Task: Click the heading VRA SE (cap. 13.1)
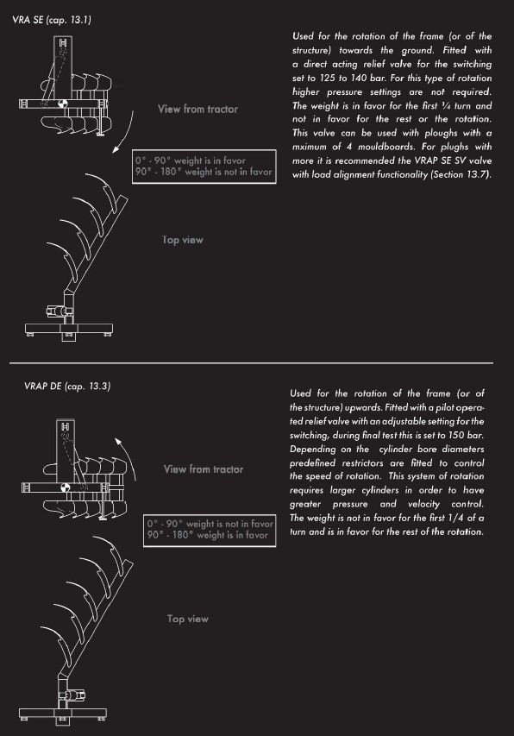(52, 20)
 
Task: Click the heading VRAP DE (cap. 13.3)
(67, 387)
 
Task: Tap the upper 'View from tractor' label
(197, 109)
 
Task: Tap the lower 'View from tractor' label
(204, 469)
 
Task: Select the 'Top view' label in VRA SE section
(183, 240)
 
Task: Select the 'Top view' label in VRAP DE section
(188, 619)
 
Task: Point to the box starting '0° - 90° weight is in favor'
(204, 167)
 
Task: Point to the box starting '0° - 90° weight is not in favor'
(210, 530)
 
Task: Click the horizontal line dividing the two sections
(251, 363)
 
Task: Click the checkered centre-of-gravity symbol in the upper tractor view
(63, 104)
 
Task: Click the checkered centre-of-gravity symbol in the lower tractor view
(66, 488)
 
